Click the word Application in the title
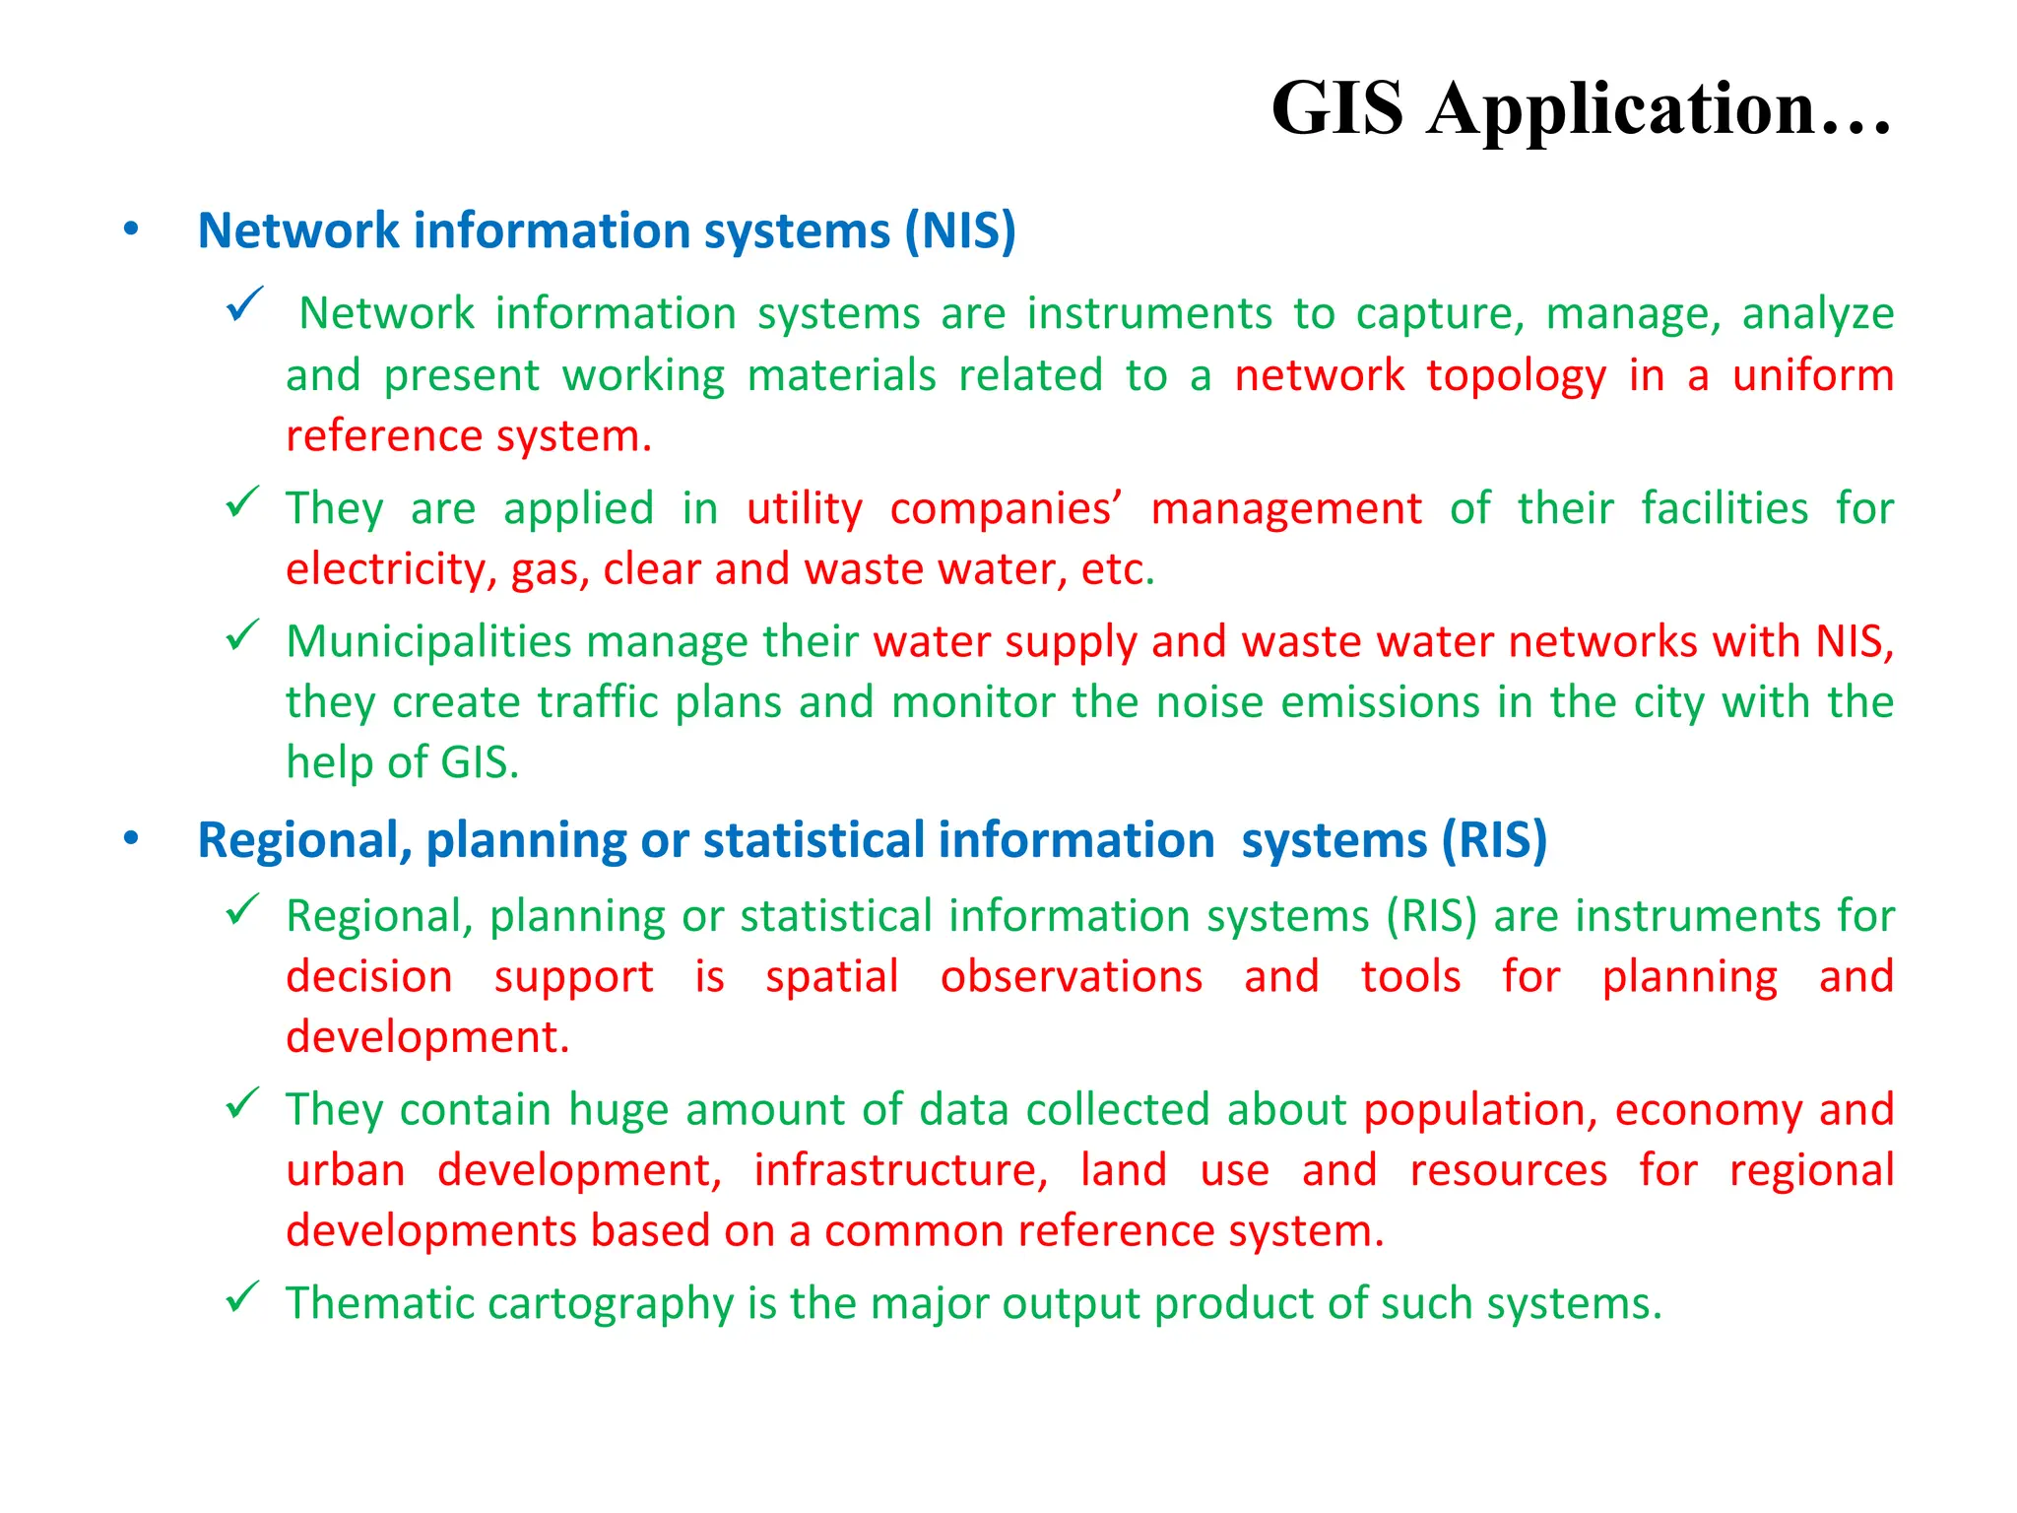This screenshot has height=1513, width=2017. click(1621, 108)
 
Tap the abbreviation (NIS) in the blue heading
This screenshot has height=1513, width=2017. click(960, 231)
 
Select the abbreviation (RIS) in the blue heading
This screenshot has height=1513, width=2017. click(1494, 841)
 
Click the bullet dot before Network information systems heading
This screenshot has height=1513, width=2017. click(131, 230)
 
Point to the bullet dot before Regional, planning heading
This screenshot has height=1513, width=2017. click(131, 839)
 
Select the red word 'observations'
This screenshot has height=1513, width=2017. click(1071, 977)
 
